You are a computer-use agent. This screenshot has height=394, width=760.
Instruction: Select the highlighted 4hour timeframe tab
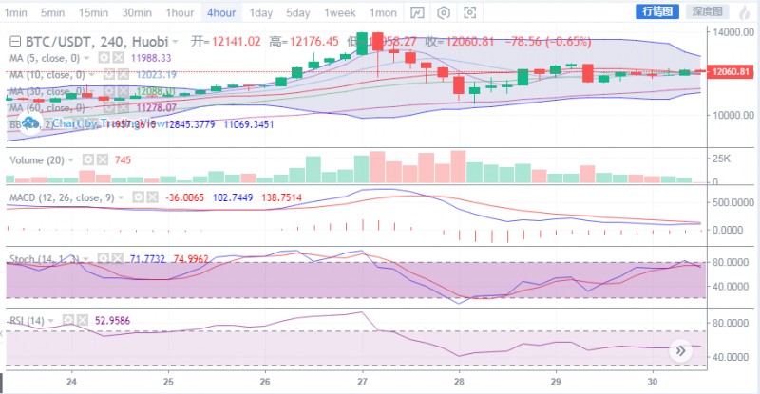tap(220, 12)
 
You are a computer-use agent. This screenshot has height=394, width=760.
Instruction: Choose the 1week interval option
tap(339, 12)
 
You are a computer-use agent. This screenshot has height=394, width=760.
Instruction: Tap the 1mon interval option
tap(384, 12)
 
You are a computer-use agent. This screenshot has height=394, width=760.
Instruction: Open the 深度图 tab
tap(705, 12)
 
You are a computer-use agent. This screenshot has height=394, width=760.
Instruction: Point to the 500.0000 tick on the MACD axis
tap(731, 202)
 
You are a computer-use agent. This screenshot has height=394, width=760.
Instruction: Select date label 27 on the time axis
tap(362, 383)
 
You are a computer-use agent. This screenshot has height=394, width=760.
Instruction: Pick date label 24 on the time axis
tap(71, 383)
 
